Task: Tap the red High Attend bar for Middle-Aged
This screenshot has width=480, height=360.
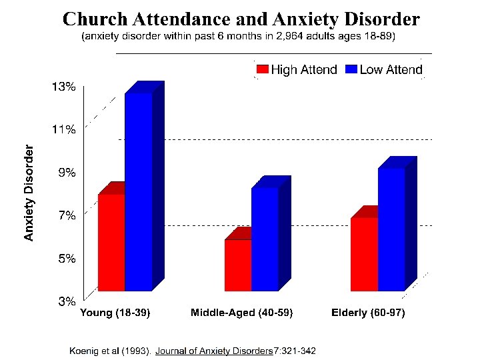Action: tap(238, 265)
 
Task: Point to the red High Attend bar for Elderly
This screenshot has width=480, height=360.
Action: tap(364, 254)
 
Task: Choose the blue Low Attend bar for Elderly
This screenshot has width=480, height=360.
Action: tap(391, 229)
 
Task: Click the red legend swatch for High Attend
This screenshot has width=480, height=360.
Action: tap(261, 69)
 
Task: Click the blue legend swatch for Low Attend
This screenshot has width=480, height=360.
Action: tap(351, 69)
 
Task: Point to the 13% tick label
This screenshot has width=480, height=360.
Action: tap(64, 87)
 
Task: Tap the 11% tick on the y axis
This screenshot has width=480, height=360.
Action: tap(64, 129)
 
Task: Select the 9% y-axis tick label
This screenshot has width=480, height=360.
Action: tap(66, 173)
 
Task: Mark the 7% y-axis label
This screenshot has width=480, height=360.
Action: tap(66, 215)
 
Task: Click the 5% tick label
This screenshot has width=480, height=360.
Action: tap(66, 258)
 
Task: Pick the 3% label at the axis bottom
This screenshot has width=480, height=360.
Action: tap(66, 301)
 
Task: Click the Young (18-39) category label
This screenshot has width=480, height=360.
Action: tap(115, 313)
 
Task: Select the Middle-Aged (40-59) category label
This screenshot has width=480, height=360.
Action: tap(242, 313)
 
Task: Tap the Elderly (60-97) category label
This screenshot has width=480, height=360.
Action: tap(368, 313)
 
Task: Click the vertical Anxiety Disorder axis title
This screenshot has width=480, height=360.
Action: tap(29, 193)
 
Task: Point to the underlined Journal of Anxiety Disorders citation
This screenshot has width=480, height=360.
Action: tap(214, 350)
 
